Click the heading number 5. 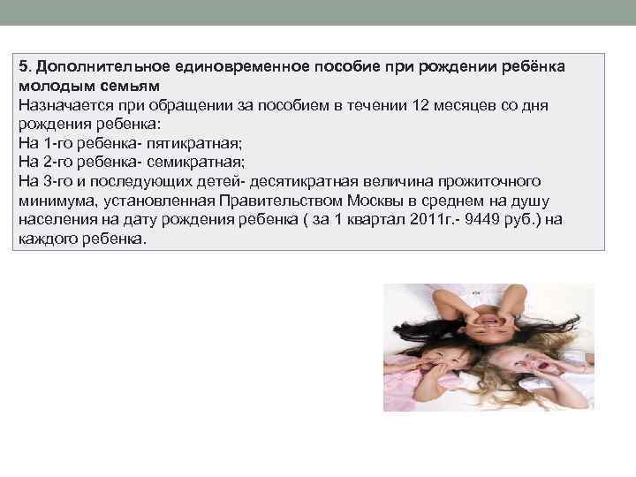point(23,68)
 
